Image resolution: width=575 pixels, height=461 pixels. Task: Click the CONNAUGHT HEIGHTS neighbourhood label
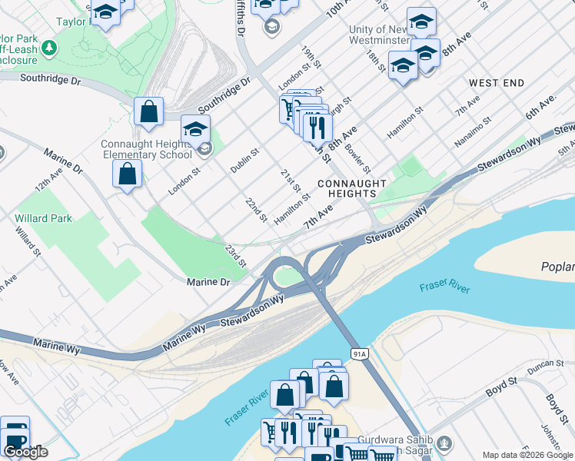(351, 189)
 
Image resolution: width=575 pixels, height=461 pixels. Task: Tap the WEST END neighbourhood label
(497, 83)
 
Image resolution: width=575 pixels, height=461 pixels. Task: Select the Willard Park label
(43, 218)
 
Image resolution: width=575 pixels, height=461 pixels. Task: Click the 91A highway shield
(358, 353)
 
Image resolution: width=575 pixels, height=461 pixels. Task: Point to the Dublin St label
(245, 160)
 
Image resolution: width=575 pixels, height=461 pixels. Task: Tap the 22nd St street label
(256, 211)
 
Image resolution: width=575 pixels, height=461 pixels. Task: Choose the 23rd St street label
(235, 257)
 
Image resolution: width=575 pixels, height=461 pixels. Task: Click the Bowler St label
(358, 158)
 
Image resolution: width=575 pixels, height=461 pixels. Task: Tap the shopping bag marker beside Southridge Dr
(148, 111)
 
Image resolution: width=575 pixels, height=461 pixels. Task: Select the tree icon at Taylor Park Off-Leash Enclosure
(49, 48)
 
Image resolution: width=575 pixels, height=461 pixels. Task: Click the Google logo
(25, 452)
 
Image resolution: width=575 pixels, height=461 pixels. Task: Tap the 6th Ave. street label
(540, 108)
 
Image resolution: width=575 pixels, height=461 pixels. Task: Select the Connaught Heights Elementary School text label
(146, 149)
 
